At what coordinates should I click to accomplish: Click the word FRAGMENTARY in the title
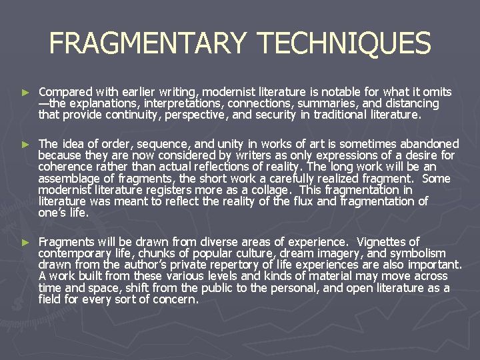click(x=147, y=44)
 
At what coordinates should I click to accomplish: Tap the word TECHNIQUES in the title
click(x=344, y=44)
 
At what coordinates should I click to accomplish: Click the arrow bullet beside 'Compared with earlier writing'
click(x=25, y=92)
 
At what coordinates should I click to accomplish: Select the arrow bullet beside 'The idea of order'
click(x=25, y=144)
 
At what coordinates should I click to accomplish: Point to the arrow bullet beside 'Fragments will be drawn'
click(x=25, y=242)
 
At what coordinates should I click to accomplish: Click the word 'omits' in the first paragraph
click(x=436, y=92)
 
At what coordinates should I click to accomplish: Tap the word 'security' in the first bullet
click(x=290, y=115)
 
